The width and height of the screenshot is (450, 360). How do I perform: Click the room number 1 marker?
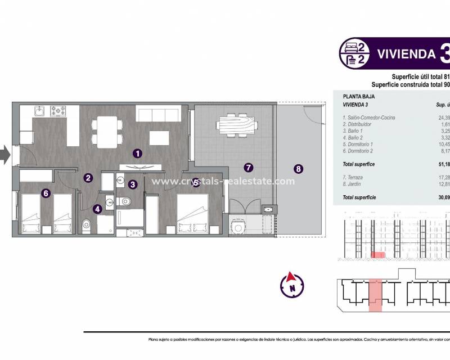pos(137,152)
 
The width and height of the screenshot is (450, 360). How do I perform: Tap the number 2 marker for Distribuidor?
pos(88,178)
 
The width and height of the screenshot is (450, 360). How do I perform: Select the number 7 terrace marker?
pos(248,167)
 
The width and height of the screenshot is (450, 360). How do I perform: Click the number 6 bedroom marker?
pos(46,193)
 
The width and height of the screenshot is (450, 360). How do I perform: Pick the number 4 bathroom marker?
pos(98,209)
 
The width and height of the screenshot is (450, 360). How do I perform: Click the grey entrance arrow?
pos(4,155)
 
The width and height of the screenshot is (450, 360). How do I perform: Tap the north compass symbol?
pos(291,285)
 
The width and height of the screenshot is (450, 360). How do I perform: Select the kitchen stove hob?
pos(58,111)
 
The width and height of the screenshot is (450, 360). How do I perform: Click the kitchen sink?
pos(39,111)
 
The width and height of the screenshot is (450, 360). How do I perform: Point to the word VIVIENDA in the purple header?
pos(406,54)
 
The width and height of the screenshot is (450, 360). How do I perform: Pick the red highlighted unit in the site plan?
pos(375,294)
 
